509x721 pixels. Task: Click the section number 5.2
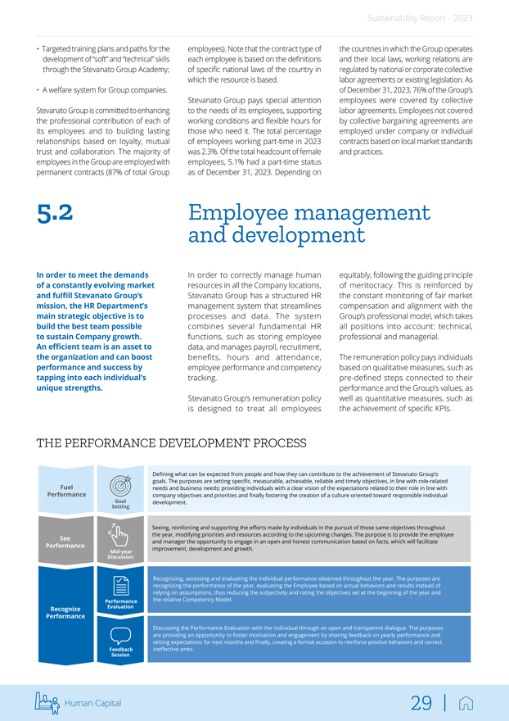(x=55, y=213)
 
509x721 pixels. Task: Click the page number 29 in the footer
(x=421, y=703)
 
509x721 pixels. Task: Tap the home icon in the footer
(x=466, y=703)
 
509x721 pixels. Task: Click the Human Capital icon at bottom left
(x=48, y=702)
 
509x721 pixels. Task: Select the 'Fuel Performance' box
(x=66, y=491)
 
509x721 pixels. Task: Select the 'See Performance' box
(x=66, y=542)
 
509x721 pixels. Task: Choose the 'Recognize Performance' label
(x=66, y=612)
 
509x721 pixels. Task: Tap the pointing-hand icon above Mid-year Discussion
(x=119, y=534)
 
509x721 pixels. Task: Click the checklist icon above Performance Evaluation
(x=119, y=586)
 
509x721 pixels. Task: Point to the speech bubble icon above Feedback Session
(x=119, y=635)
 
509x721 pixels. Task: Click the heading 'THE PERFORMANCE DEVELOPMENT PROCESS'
(x=172, y=443)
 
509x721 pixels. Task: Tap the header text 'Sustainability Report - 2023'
(x=420, y=17)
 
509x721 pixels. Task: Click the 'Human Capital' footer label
(x=93, y=703)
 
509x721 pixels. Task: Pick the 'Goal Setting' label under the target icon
(x=120, y=504)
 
